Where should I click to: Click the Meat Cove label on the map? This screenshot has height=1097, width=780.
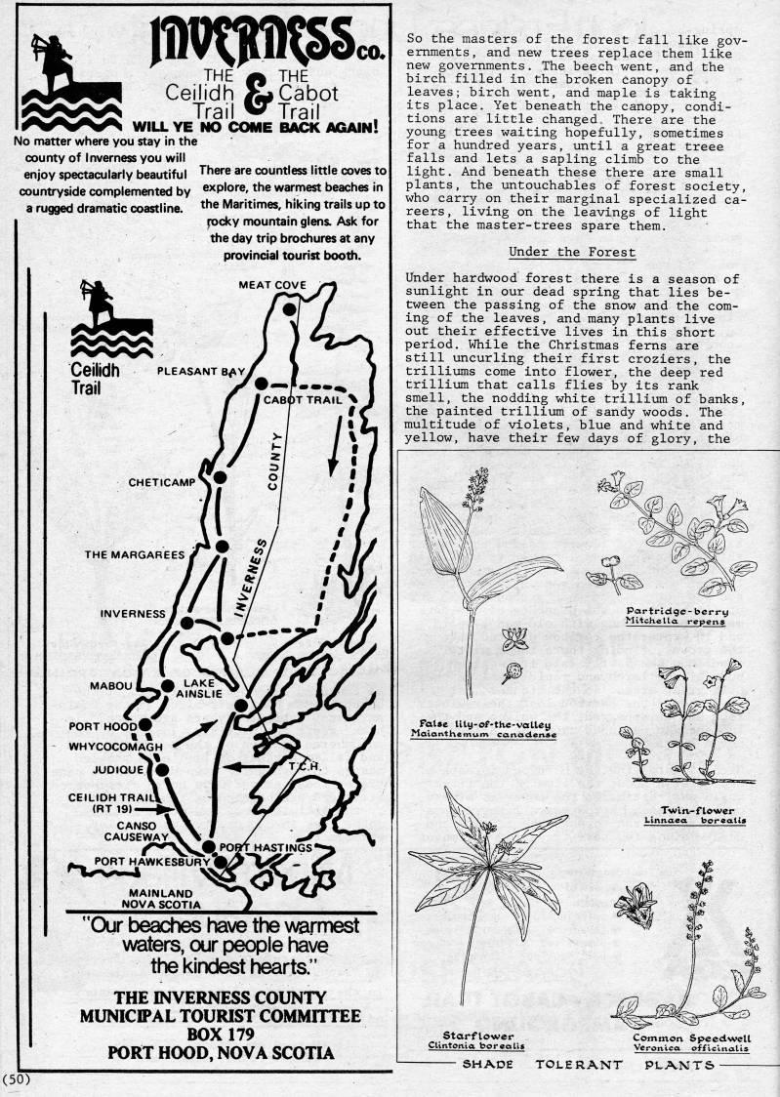click(272, 285)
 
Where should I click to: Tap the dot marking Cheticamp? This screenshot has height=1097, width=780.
click(221, 478)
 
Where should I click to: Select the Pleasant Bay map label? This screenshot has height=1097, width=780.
click(202, 372)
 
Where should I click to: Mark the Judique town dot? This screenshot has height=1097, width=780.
click(162, 770)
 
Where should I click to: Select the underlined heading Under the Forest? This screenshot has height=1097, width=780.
click(572, 253)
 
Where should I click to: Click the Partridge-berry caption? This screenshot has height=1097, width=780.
click(677, 612)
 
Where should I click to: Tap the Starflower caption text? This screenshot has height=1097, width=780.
click(464, 1036)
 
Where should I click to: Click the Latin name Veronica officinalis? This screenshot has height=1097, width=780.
click(680, 1049)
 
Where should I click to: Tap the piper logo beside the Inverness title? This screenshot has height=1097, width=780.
click(58, 76)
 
